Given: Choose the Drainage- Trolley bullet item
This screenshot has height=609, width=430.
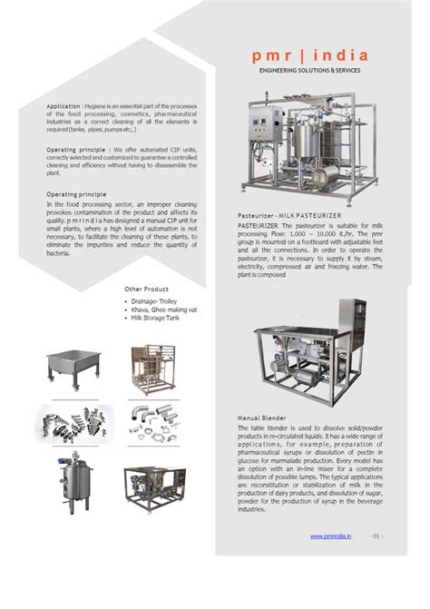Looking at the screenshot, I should (x=157, y=300).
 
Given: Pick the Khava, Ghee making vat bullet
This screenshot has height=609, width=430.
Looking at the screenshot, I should (x=167, y=309).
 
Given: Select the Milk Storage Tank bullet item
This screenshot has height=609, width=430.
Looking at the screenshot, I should (x=161, y=318).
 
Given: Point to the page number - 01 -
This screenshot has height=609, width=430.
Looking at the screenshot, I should (x=377, y=536).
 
